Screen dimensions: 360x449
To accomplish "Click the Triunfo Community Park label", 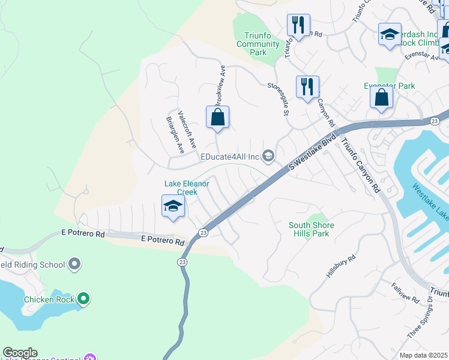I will click(x=258, y=44).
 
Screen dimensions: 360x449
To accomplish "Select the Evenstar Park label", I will click(x=390, y=86).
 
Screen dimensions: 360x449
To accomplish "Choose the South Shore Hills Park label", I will click(x=311, y=229).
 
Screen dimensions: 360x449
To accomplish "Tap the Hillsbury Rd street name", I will click(x=341, y=266).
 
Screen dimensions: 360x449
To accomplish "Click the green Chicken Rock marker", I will click(x=83, y=298).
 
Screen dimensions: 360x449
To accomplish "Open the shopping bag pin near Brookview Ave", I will click(x=217, y=118).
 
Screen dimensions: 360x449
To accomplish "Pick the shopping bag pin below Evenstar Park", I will click(x=381, y=97).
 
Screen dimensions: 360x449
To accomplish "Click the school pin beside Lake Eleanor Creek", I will click(x=173, y=206).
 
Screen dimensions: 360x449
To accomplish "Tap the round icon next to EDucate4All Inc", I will click(x=268, y=157).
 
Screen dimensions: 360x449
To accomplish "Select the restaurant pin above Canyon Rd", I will click(x=307, y=86).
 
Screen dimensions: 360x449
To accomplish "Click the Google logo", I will click(x=20, y=353).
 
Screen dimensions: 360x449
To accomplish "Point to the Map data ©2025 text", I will click(x=423, y=355).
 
